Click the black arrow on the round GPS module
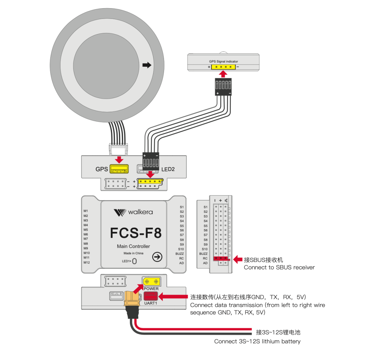click(147, 65)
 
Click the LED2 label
click(168, 169)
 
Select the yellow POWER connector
click(151, 281)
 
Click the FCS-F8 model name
click(136, 233)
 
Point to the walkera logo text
click(140, 212)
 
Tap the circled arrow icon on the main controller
click(157, 257)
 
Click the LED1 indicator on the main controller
click(134, 261)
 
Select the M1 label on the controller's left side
click(86, 211)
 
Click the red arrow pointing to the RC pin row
click(237, 260)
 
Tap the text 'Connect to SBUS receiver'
click(279, 267)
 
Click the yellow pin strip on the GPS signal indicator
click(223, 67)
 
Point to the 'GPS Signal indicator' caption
click(223, 61)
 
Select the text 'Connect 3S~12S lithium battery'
click(257, 341)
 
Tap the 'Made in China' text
click(133, 253)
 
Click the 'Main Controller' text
click(133, 246)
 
